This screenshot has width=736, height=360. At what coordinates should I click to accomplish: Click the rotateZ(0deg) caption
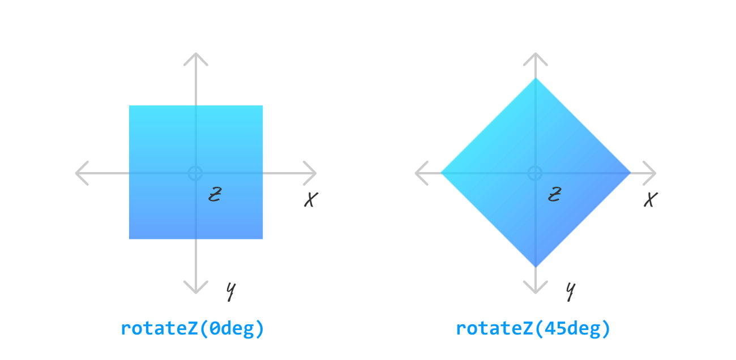click(x=192, y=329)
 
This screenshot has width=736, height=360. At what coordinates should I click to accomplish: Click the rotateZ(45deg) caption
click(x=533, y=329)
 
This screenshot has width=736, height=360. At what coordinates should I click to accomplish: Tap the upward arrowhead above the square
click(x=196, y=56)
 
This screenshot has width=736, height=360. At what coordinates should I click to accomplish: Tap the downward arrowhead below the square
click(x=196, y=289)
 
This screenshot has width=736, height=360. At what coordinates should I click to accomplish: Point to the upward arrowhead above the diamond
click(x=535, y=56)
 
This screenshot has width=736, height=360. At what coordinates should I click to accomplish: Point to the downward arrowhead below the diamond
click(x=535, y=289)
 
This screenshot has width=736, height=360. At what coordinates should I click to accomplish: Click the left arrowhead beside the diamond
click(x=420, y=173)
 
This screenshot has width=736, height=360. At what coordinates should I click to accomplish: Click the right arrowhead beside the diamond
click(x=652, y=173)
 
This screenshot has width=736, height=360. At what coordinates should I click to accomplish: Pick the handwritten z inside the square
click(x=214, y=195)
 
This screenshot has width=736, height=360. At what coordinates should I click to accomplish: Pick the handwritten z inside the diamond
click(x=554, y=195)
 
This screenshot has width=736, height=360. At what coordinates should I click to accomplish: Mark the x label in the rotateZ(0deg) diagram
click(x=311, y=199)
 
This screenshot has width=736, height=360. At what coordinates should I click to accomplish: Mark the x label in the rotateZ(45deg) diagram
click(x=651, y=199)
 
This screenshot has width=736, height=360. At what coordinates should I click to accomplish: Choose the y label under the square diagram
click(x=230, y=291)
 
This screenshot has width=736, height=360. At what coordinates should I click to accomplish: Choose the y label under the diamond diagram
click(x=571, y=291)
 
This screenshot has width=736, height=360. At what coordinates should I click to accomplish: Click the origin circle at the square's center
click(x=195, y=173)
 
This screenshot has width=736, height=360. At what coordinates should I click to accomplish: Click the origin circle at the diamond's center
click(x=535, y=173)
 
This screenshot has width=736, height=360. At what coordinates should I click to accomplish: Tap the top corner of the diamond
click(x=535, y=79)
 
